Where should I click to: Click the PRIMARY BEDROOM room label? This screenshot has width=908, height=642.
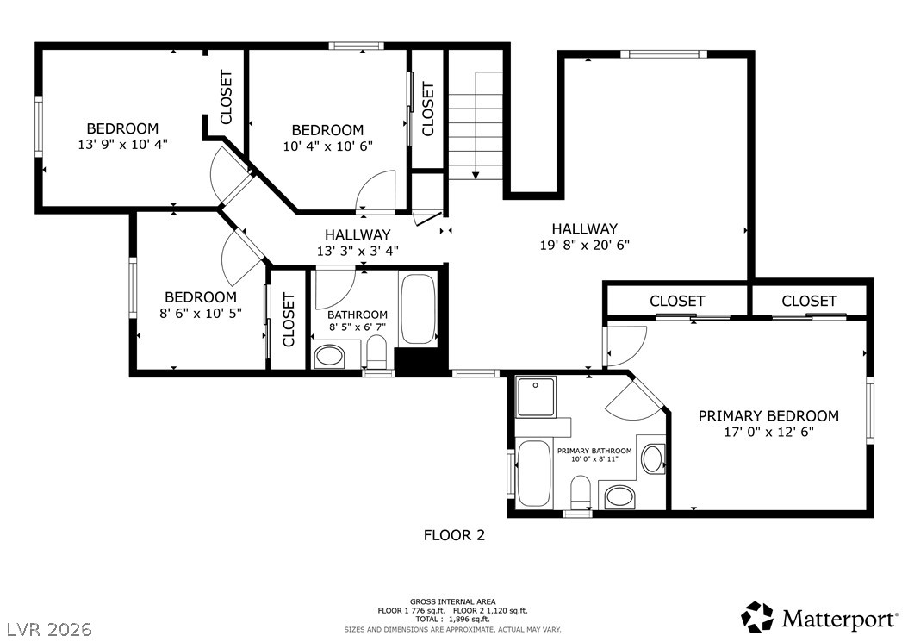tap(768, 416)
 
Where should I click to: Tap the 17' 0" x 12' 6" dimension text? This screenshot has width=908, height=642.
tap(769, 432)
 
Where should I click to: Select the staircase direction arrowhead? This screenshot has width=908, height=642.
tap(476, 174)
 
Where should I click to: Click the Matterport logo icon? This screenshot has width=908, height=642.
tap(758, 618)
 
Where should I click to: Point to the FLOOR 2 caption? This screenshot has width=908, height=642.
tap(454, 535)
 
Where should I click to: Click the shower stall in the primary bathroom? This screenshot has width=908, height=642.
tap(536, 396)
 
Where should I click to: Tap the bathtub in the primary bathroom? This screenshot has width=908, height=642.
tap(534, 473)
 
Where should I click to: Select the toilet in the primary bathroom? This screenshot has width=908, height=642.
tap(580, 491)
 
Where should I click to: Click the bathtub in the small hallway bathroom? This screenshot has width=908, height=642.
tap(418, 309)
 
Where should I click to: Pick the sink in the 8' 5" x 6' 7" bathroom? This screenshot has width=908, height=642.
tap(329, 356)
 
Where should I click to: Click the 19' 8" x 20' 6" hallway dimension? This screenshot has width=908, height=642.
tap(584, 245)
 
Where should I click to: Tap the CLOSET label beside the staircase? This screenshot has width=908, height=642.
tap(428, 109)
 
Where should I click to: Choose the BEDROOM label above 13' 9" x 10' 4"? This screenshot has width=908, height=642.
tap(122, 128)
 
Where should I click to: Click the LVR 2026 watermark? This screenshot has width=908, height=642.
tap(50, 629)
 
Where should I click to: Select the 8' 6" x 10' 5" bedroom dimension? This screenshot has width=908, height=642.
tap(201, 314)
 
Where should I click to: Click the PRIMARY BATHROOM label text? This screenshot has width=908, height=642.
tap(594, 451)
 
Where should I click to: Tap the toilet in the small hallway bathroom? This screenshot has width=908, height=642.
tap(376, 353)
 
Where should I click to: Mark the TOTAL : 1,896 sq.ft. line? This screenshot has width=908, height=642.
tap(452, 620)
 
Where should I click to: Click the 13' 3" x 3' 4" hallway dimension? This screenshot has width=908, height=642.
tap(358, 251)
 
